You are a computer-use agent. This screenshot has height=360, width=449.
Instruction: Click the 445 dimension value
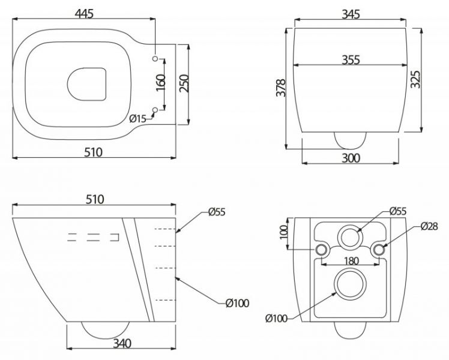[x=84, y=13]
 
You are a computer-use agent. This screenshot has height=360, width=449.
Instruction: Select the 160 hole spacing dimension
[x=161, y=82]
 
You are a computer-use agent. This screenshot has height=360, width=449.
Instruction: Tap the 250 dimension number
[x=184, y=83]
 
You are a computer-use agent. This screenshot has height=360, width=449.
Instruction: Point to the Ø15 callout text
[x=137, y=118]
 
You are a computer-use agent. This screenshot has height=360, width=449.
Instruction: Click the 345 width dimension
[x=351, y=14]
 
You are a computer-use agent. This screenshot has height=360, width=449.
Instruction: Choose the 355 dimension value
[x=351, y=60]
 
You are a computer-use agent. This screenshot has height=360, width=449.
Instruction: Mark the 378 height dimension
[x=281, y=88]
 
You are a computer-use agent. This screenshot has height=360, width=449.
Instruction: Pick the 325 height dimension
[x=415, y=79]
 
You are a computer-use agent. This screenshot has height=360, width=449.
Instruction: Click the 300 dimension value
[x=351, y=158]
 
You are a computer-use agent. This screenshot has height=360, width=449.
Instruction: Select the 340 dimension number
[x=122, y=343]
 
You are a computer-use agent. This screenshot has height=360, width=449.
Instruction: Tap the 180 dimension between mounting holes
[x=351, y=260]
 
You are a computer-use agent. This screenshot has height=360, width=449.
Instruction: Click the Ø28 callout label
[x=430, y=226]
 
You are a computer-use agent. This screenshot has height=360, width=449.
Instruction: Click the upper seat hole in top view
[x=155, y=58]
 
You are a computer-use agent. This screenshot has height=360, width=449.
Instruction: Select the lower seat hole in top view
[x=155, y=110]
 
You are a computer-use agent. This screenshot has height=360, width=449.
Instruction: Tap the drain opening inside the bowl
[x=87, y=85]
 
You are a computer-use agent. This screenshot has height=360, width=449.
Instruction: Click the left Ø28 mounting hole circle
[x=321, y=250]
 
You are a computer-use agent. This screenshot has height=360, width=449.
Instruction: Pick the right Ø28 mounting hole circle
[x=379, y=250]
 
